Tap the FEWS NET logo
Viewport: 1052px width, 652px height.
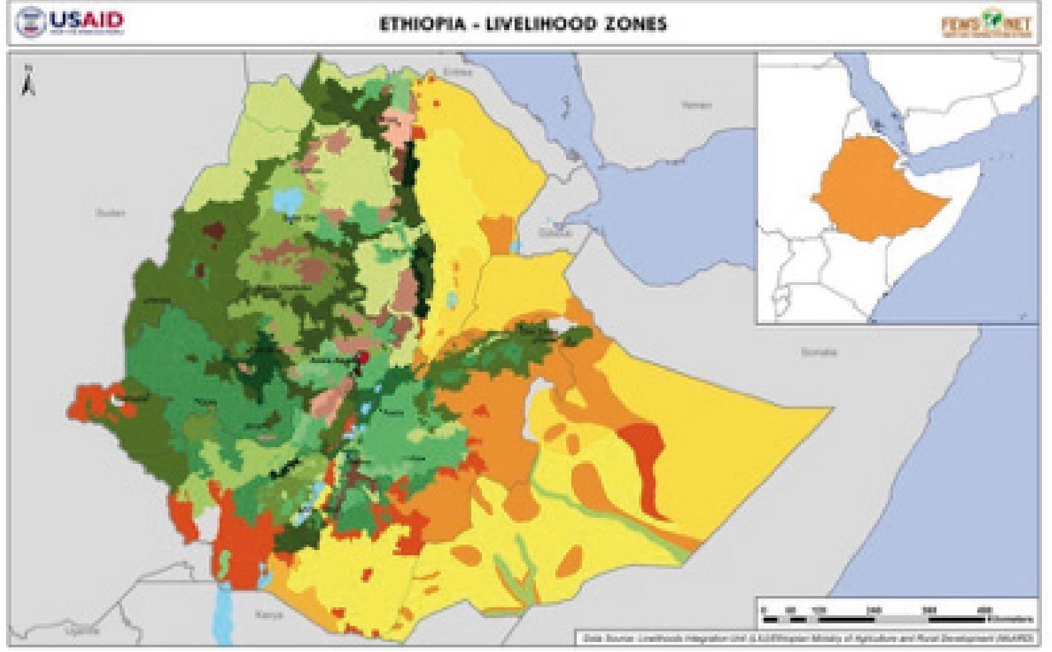[x=986, y=25]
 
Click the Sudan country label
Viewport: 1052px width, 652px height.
[x=110, y=214]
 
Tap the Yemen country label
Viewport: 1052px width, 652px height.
[x=696, y=105]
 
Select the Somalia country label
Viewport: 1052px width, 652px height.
[x=818, y=352]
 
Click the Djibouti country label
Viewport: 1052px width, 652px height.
[x=555, y=233]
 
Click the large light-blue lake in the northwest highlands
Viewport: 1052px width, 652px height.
[x=289, y=198]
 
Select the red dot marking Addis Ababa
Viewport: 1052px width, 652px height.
[x=363, y=358]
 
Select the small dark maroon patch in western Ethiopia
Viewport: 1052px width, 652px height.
[x=214, y=233]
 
